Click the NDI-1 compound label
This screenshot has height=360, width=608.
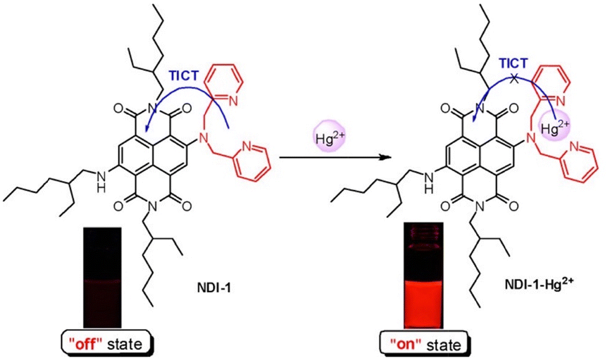pos(213,289)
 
